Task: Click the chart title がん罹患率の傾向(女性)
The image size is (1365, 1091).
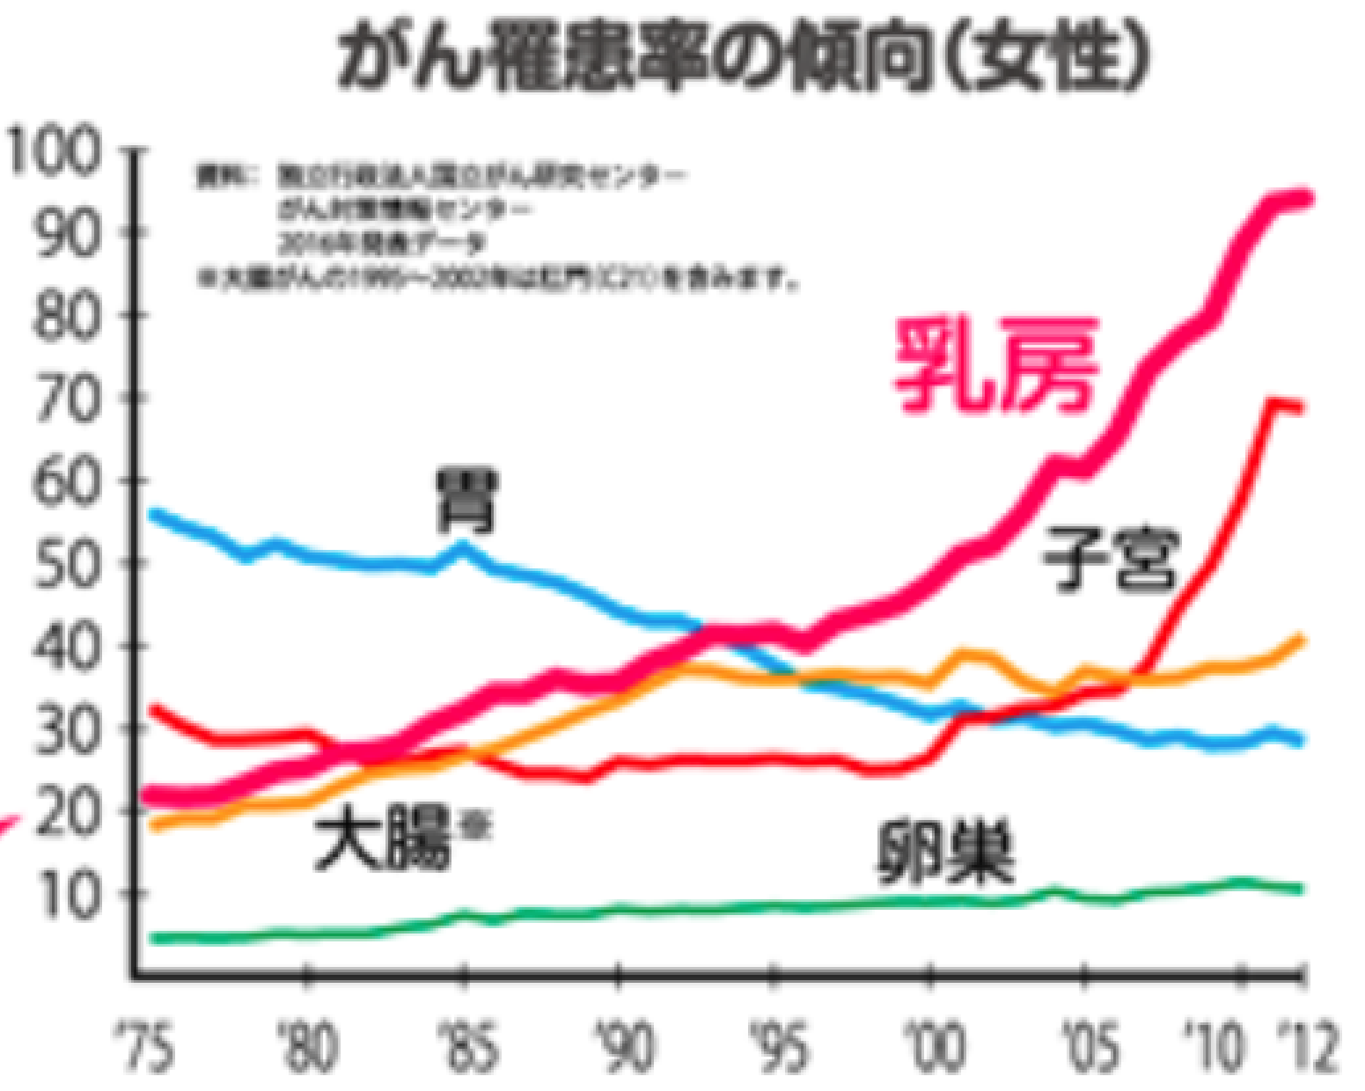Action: (x=744, y=56)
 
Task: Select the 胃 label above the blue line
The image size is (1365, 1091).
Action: (x=467, y=502)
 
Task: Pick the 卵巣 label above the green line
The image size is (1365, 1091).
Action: (x=946, y=852)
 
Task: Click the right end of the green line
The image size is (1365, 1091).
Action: (x=1299, y=889)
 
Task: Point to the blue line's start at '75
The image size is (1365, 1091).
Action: (x=153, y=513)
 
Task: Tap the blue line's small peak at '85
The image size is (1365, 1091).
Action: (x=464, y=546)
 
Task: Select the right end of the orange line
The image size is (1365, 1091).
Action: (x=1301, y=638)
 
